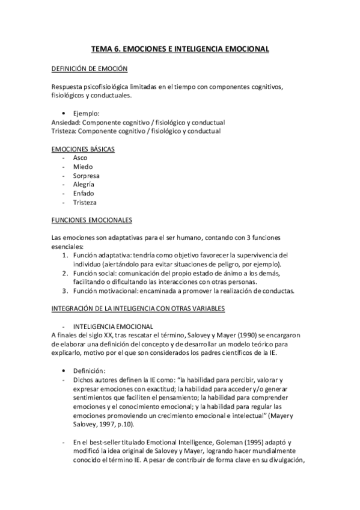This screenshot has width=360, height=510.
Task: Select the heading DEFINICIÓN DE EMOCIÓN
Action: [x=89, y=69]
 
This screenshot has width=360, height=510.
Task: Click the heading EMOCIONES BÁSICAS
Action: [x=84, y=149]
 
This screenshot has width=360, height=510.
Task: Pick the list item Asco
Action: [x=81, y=158]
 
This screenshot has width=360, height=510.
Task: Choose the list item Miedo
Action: [x=83, y=167]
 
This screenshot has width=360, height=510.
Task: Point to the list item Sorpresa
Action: [x=87, y=176]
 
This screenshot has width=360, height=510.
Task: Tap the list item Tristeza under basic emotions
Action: [x=85, y=203]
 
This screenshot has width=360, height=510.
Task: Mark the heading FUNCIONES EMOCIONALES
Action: [x=92, y=220]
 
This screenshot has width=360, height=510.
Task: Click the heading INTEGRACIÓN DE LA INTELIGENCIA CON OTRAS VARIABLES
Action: [x=138, y=309]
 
